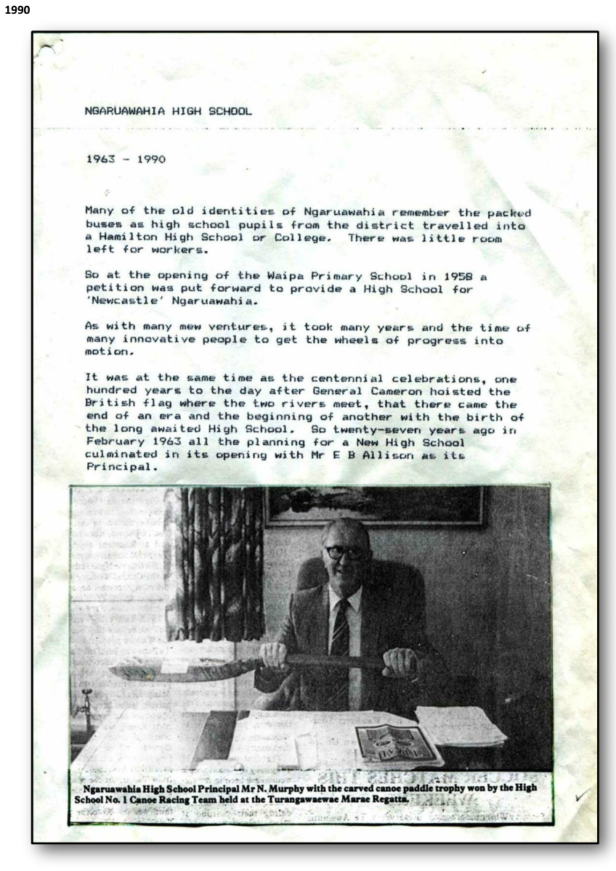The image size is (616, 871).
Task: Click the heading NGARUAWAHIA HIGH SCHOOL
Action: (x=169, y=112)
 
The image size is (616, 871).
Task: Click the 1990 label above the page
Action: (x=17, y=10)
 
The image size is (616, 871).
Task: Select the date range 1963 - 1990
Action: (x=125, y=159)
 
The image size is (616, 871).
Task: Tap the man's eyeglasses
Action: (x=345, y=552)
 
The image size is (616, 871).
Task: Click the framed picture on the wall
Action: (x=375, y=506)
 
